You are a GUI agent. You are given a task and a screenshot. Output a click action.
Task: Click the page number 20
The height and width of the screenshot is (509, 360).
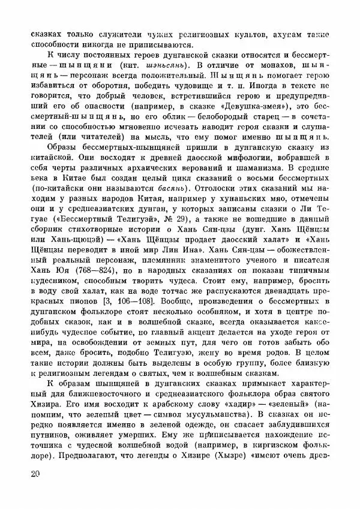[35, 475]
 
